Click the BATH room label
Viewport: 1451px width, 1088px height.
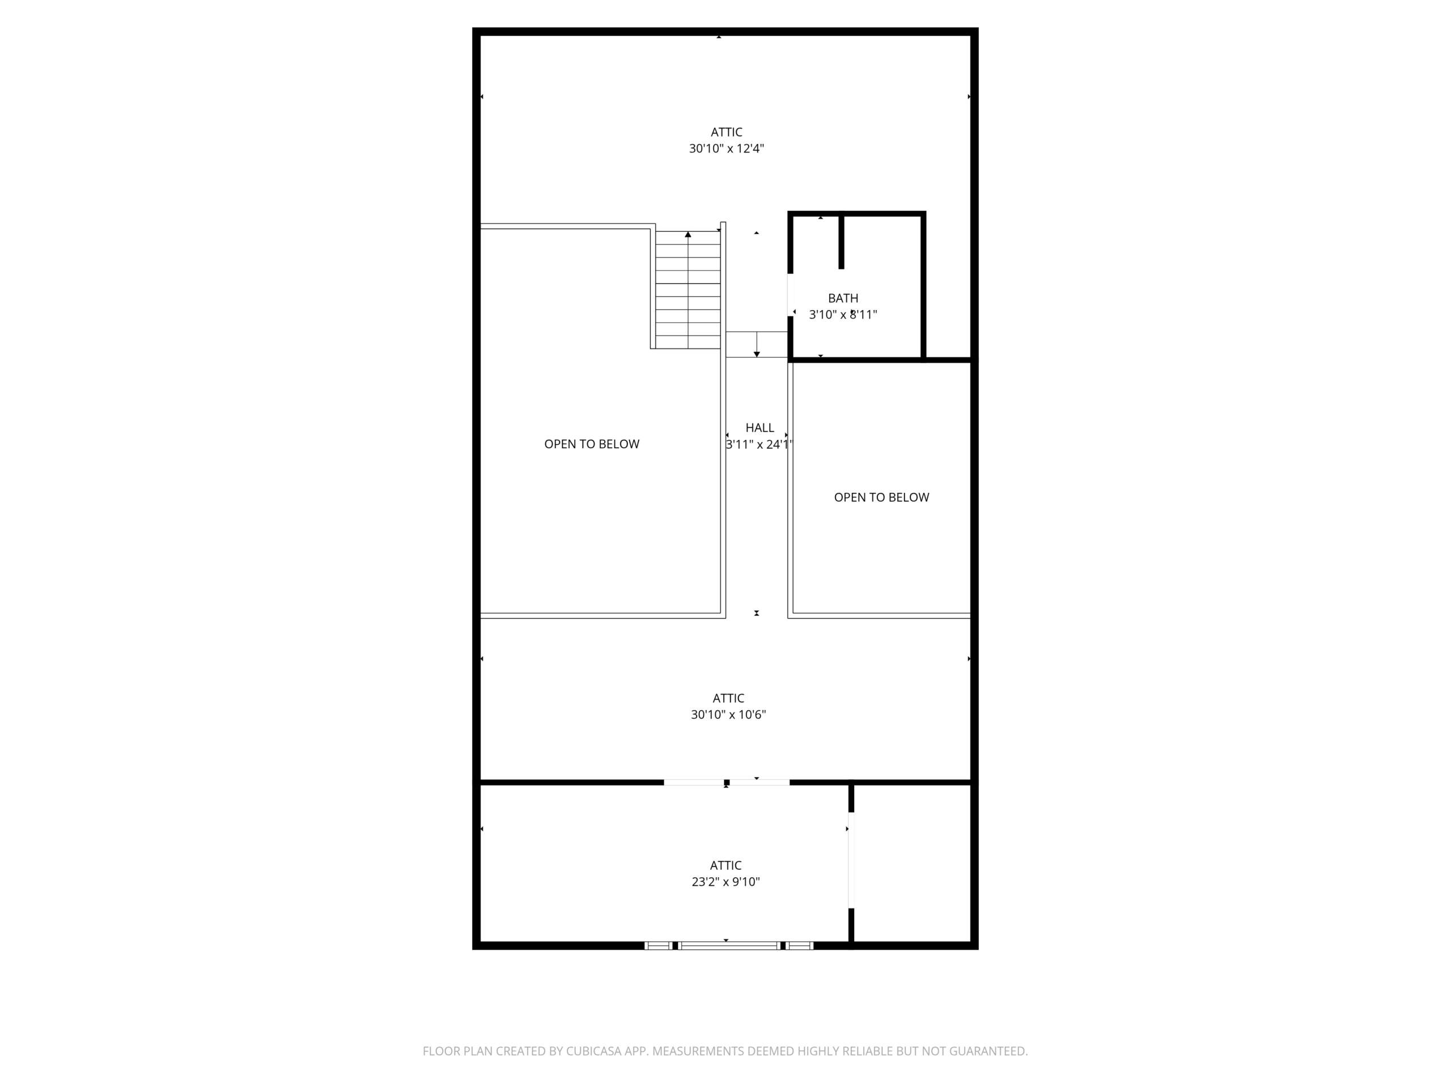coord(843,299)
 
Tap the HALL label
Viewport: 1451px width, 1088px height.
coord(760,428)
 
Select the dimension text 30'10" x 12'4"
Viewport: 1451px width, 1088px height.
coord(726,149)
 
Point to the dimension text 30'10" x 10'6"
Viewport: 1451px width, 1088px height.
coord(728,714)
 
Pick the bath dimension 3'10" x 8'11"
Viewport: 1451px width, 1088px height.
coord(843,315)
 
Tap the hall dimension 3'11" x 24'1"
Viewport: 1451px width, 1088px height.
coord(759,445)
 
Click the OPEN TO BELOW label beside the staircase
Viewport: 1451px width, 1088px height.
coord(592,444)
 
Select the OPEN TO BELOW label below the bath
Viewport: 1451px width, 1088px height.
coord(881,497)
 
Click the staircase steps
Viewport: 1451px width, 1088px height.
coord(688,290)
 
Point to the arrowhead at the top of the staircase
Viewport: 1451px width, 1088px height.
coord(688,234)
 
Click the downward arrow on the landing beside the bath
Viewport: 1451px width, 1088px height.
coord(757,345)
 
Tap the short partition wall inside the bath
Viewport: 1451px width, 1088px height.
coord(842,241)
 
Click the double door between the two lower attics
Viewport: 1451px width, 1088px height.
coord(727,783)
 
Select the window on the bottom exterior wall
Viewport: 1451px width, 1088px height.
coord(729,945)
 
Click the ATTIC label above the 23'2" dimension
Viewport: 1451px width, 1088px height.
coord(725,865)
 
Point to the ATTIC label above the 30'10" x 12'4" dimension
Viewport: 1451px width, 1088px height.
coord(726,132)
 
